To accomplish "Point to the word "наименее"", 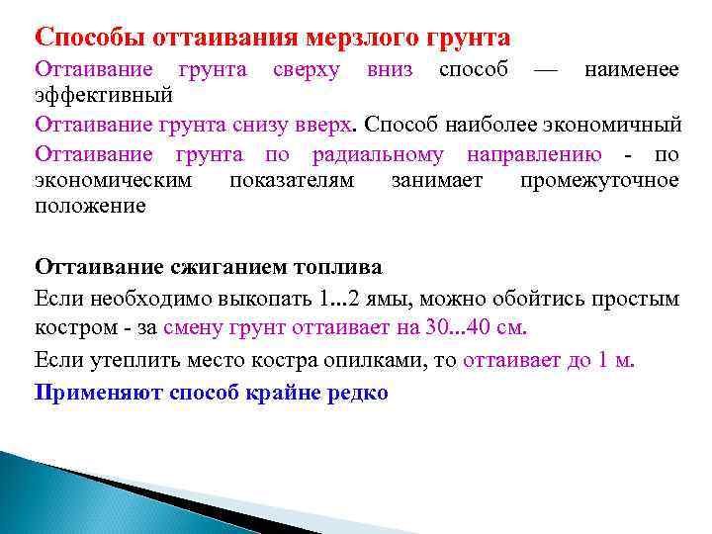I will pyautogui.click(x=631, y=70).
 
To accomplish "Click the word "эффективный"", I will pyautogui.click(x=104, y=97).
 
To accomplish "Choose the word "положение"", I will pyautogui.click(x=90, y=207).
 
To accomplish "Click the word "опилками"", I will pyautogui.click(x=377, y=360).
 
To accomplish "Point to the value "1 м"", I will pyautogui.click(x=615, y=360).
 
